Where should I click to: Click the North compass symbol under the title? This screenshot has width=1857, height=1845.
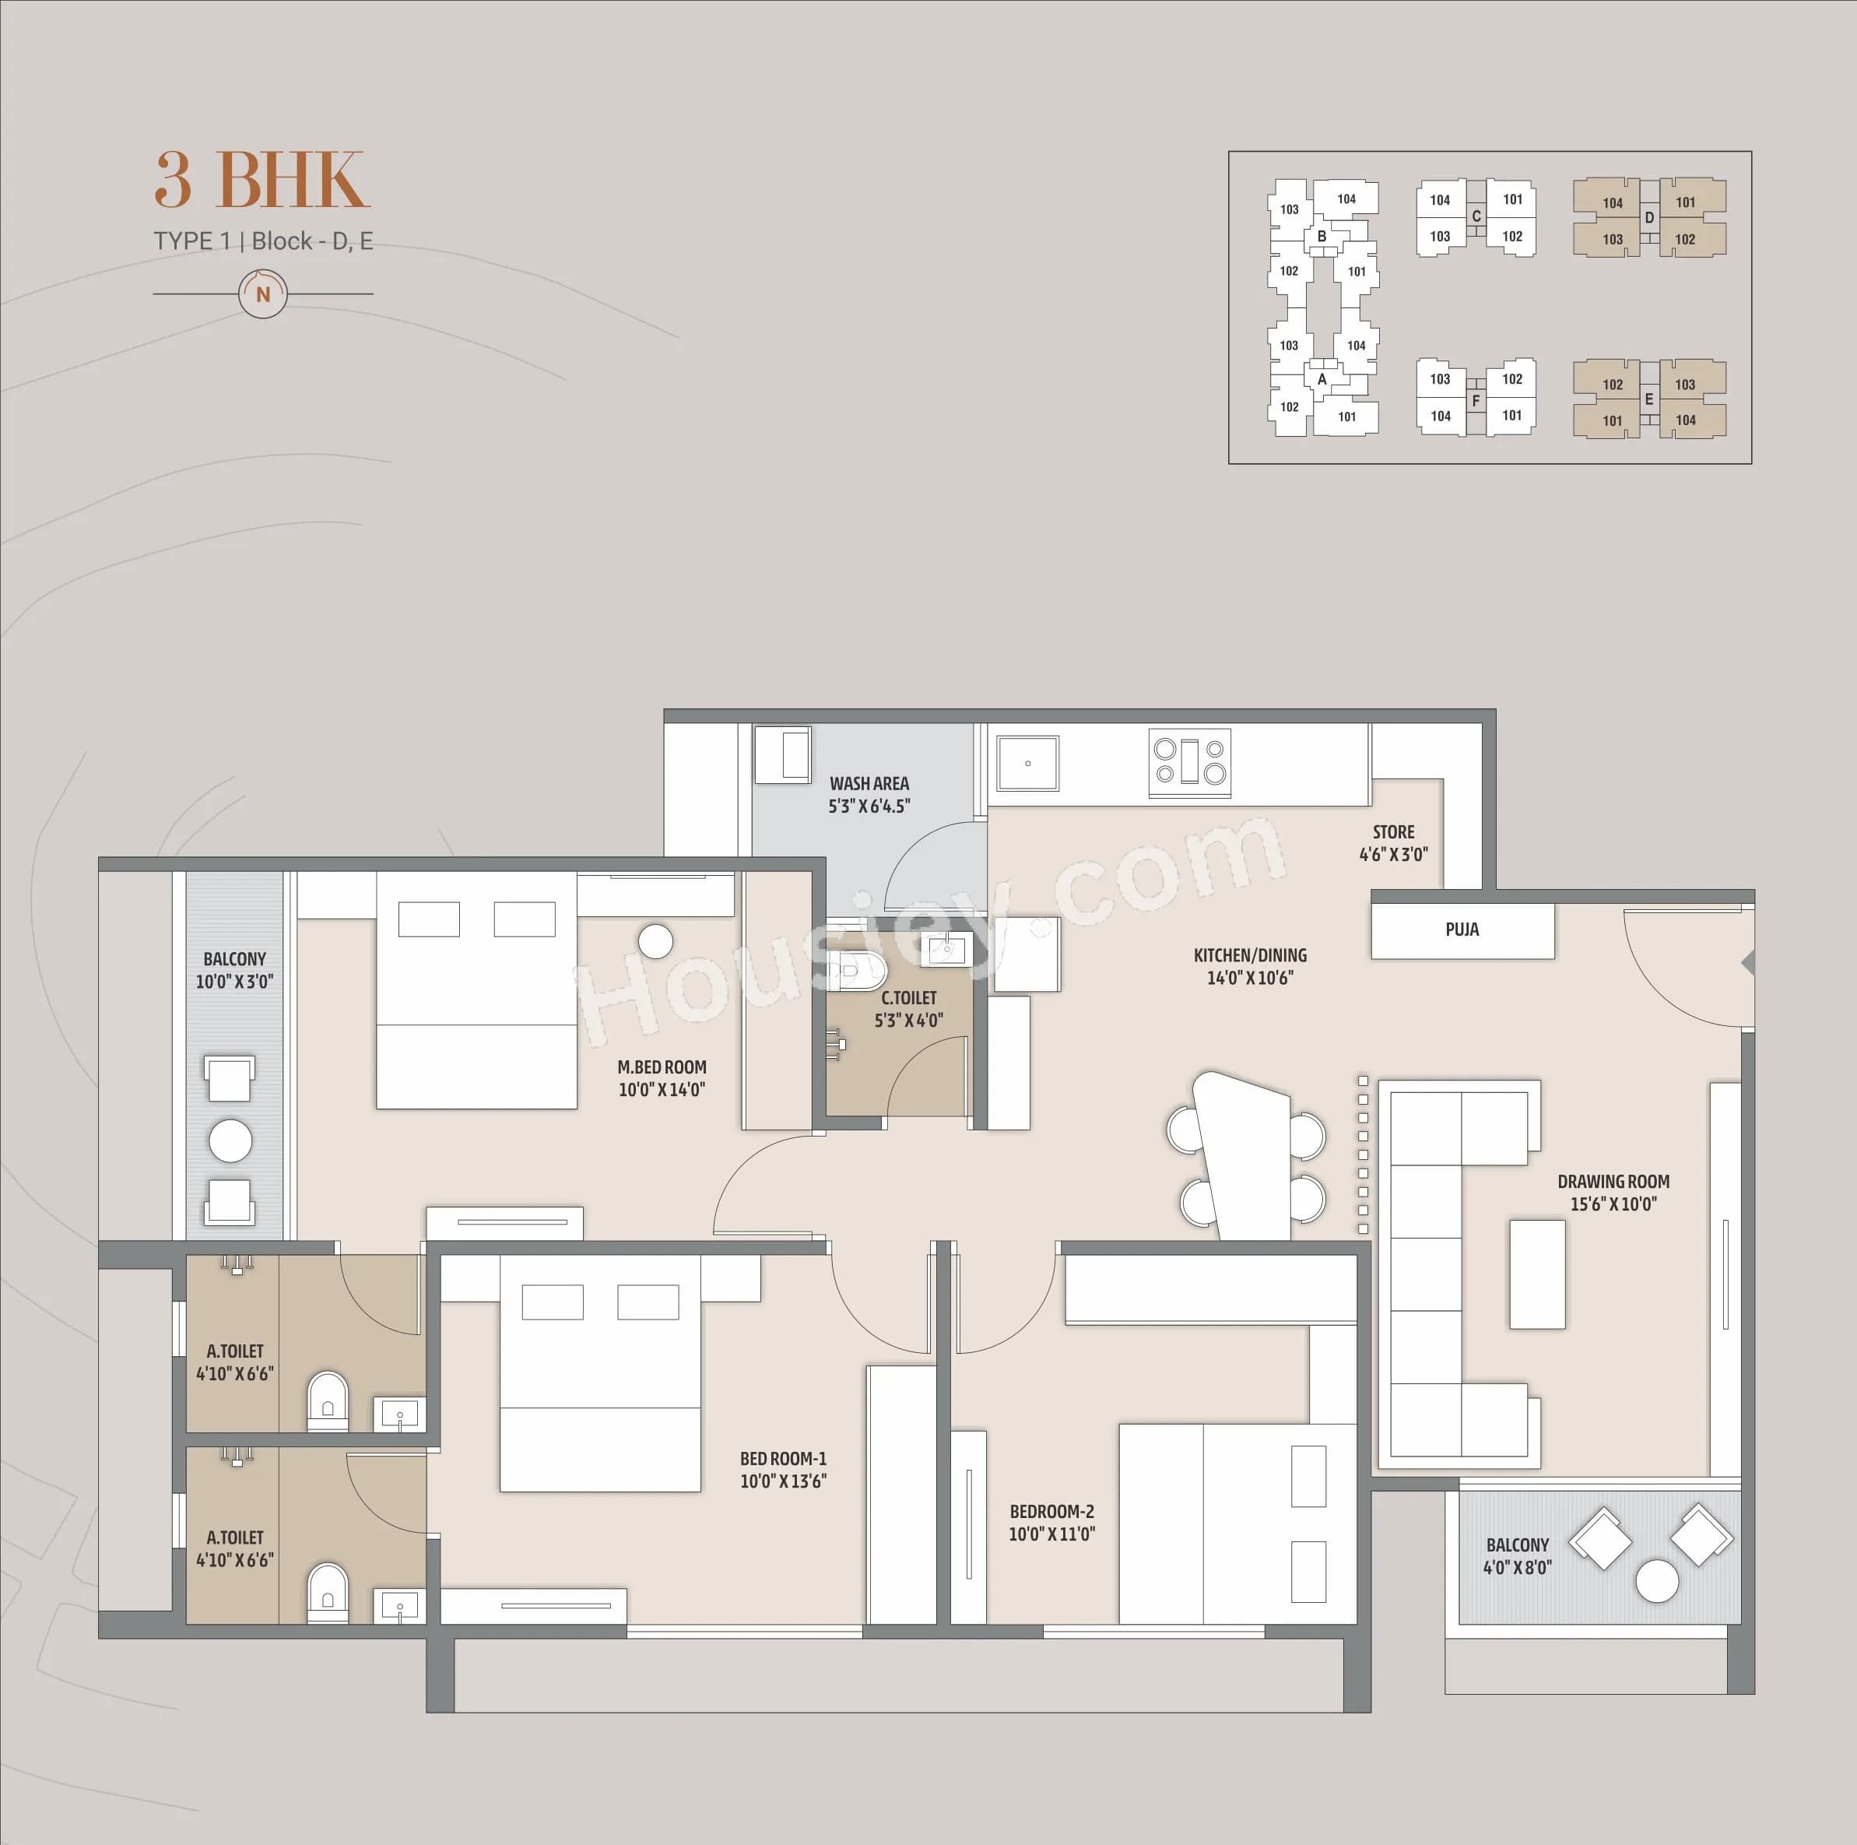click(263, 294)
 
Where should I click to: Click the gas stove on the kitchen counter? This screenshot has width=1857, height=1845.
click(1190, 762)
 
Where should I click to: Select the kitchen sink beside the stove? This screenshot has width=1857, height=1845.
click(1027, 764)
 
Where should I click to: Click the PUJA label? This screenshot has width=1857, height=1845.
click(1462, 930)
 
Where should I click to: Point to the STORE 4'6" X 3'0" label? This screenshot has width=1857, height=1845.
click(1393, 842)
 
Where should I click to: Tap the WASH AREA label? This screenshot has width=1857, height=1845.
click(869, 784)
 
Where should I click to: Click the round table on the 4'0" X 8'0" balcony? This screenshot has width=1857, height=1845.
click(1657, 1580)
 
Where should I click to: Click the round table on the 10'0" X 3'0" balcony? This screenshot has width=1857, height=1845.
click(230, 1140)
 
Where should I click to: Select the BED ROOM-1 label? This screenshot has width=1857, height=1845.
click(782, 1459)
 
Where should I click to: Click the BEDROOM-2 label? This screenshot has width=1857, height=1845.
click(1051, 1511)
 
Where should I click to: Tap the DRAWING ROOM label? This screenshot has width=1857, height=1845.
click(1613, 1181)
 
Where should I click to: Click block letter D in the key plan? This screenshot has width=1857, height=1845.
click(1649, 217)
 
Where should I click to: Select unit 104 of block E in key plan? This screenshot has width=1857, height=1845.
click(1685, 420)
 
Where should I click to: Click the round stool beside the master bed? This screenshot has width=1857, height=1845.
click(655, 941)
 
